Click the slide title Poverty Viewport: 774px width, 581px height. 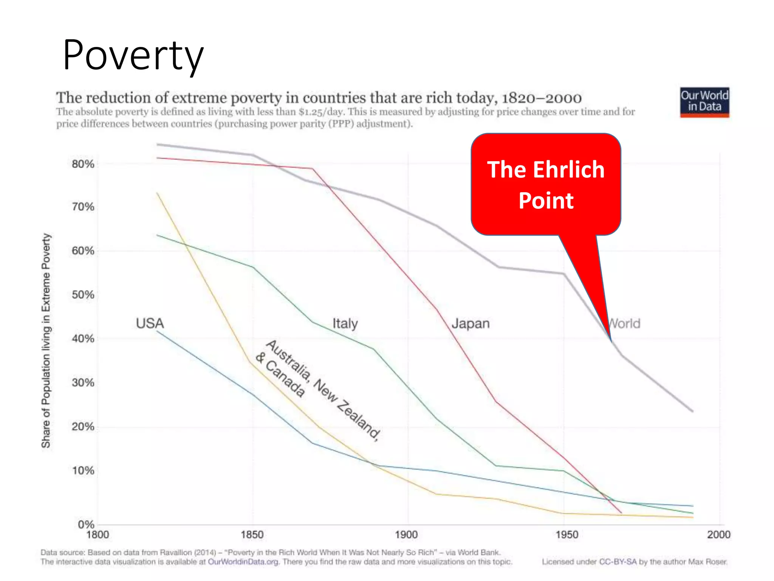click(133, 55)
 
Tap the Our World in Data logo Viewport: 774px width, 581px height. click(704, 102)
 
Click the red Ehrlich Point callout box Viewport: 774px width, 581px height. click(546, 185)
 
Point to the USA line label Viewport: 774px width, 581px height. click(150, 323)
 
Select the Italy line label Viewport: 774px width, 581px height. click(345, 324)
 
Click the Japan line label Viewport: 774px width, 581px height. click(471, 324)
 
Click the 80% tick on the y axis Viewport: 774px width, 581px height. click(83, 164)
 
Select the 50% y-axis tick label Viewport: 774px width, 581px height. click(83, 295)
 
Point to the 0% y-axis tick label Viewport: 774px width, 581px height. click(86, 525)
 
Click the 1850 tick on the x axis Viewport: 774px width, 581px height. click(252, 535)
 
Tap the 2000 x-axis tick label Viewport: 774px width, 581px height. click(718, 535)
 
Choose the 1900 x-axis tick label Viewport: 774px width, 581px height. click(406, 535)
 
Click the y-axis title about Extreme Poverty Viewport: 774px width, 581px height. click(46, 340)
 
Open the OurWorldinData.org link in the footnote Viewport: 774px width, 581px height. click(243, 562)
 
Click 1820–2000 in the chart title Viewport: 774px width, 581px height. click(541, 98)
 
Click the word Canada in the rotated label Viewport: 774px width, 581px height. click(285, 379)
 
